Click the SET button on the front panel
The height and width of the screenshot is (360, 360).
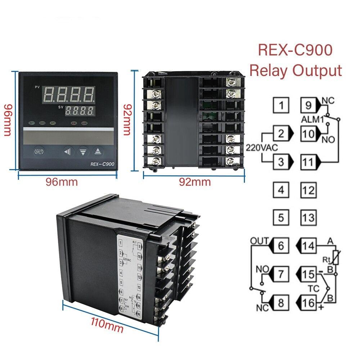coord(39,151)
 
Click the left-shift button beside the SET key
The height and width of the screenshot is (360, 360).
coord(68,152)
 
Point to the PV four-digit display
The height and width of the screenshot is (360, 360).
coord(69,95)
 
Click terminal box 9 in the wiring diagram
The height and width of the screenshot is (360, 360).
coord(308,106)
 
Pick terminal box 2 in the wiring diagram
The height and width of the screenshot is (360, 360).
coord(281,134)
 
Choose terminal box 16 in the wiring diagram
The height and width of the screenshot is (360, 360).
coord(308,302)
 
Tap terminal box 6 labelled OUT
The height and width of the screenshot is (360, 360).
coord(281,246)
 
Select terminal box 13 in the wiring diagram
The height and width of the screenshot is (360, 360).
coord(308,217)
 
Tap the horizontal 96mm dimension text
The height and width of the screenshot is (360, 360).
coord(62,182)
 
